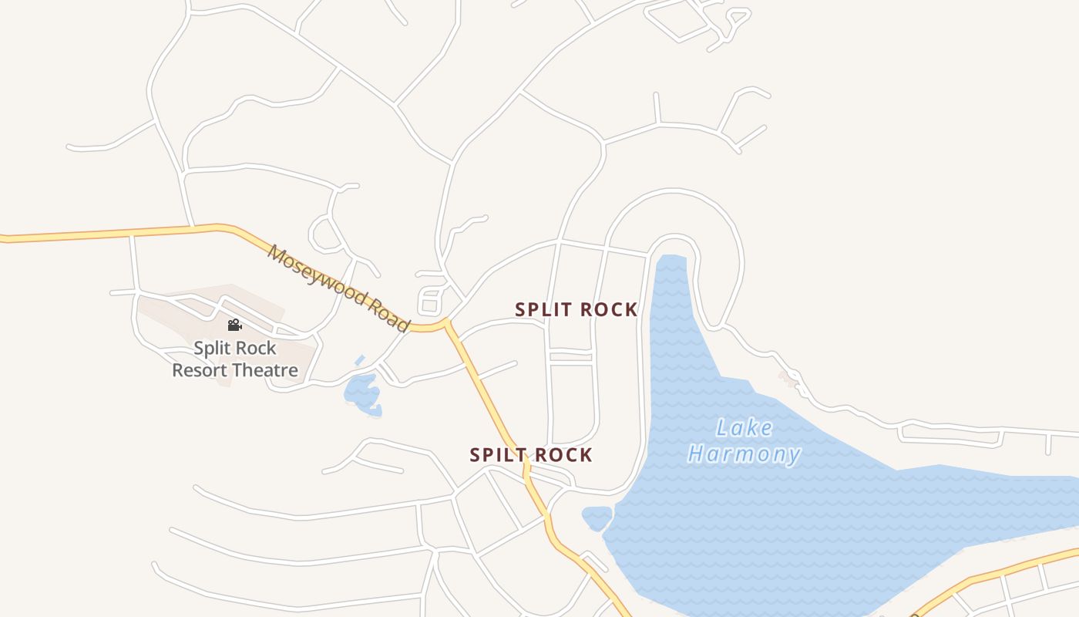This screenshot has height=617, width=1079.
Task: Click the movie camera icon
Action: point(234,325)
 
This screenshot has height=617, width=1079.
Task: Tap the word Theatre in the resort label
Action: point(266,370)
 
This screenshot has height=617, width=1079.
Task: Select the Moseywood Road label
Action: point(339,288)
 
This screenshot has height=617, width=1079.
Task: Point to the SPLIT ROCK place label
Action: point(576,309)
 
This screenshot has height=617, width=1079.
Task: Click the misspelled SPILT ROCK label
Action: point(531,455)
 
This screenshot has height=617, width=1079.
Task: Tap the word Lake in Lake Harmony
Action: point(744,427)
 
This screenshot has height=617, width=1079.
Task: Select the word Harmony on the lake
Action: point(744,453)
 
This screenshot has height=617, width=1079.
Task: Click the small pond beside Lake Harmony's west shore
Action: point(597,518)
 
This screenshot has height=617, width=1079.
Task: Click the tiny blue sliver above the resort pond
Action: point(360,360)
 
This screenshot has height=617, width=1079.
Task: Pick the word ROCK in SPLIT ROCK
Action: point(609,309)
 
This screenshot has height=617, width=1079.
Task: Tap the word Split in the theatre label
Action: point(212,348)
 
